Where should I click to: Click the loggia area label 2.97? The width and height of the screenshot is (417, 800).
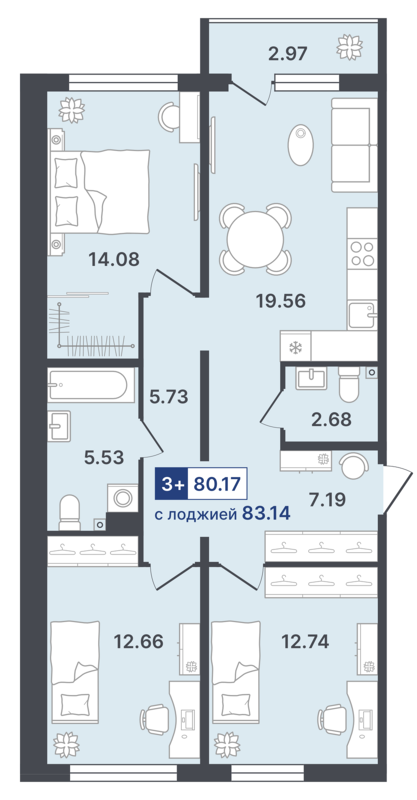287,53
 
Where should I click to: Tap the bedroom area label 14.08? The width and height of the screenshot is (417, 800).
114,259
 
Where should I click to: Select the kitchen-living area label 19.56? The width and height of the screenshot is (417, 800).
280,301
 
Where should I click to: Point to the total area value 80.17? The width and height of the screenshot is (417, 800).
217,484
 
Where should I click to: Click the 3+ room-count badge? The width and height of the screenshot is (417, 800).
171,484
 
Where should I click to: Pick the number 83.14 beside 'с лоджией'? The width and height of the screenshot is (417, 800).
266,513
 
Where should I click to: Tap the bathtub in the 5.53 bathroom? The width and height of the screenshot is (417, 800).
91,384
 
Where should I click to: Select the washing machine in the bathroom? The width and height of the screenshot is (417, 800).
122,498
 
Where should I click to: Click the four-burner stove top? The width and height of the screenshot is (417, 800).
362,253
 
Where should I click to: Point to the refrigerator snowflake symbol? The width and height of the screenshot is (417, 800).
295,347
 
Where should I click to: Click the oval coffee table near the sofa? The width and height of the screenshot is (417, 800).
300,144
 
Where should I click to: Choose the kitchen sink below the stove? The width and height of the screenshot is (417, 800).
361,315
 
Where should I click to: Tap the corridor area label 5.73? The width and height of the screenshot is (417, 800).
169,397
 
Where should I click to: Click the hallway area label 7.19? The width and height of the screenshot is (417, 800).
327,499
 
